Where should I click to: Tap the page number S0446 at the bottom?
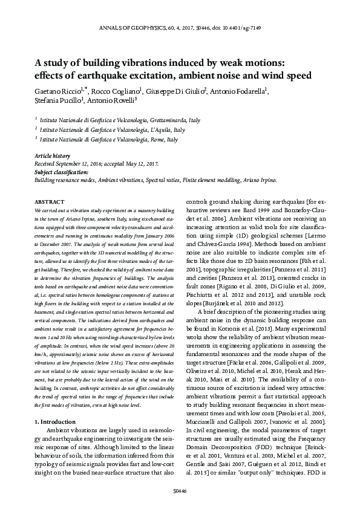tap(180, 491)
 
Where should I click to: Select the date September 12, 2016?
tap(80, 163)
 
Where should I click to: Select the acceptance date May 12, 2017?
tap(141, 163)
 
